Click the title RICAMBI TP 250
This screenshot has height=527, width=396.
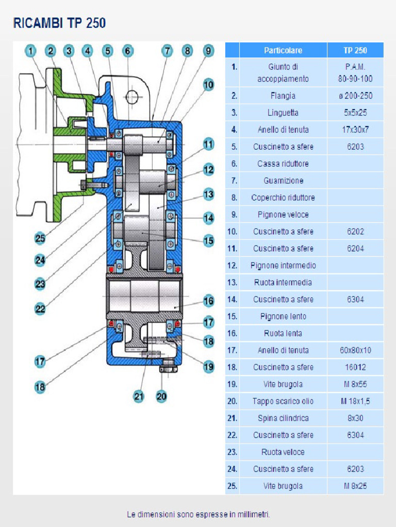59,23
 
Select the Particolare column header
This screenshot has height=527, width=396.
283,50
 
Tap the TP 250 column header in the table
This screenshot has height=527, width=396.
355,50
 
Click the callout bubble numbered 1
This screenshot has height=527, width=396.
31,50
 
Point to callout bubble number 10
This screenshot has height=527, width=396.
208,85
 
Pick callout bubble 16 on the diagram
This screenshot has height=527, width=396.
208,301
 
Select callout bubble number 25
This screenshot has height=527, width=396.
40,238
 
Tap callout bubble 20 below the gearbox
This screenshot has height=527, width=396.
161,396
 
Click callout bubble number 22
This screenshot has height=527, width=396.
40,309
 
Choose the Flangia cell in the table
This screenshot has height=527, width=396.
283,96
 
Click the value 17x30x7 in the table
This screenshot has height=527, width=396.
355,130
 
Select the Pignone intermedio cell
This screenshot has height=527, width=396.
283,266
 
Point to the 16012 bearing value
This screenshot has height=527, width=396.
355,367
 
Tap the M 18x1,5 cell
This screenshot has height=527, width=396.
355,401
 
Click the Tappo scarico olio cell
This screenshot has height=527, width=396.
283,401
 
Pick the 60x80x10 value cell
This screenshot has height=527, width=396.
355,350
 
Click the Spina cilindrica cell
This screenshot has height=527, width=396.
283,418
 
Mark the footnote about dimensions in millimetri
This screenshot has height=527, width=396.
199,514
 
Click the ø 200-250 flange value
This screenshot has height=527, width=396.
355,96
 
